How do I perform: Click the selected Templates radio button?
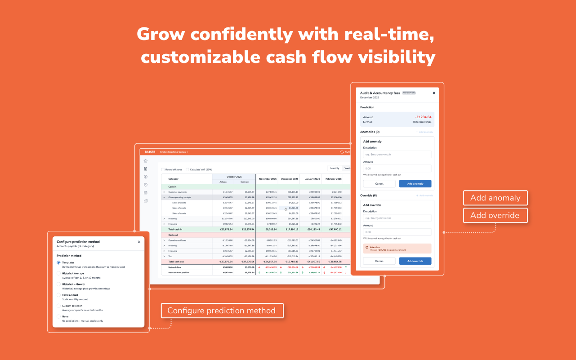click(58, 262)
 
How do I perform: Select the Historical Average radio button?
click(58, 273)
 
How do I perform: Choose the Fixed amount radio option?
click(58, 295)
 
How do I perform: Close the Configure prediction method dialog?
click(139, 242)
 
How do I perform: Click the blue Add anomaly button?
click(415, 184)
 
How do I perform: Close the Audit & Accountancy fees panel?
click(434, 93)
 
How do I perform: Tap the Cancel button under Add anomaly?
click(379, 184)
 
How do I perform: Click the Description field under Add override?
click(397, 218)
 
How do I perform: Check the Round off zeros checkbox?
click(163, 169)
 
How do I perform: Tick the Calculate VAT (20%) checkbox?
click(188, 169)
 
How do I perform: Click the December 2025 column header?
click(289, 179)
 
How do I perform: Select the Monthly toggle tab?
click(335, 168)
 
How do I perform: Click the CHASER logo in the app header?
click(150, 152)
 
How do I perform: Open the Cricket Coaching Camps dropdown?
click(174, 152)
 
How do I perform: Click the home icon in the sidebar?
click(146, 160)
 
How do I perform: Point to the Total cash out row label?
click(176, 262)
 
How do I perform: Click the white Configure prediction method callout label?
click(222, 311)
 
